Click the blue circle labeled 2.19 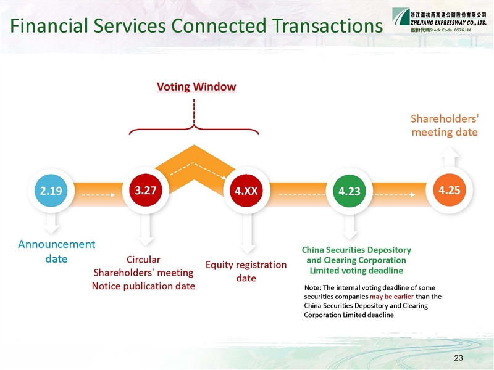[x=51, y=191]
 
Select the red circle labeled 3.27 [x=146, y=190]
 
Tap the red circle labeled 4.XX [x=246, y=191]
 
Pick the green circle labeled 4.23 [x=350, y=191]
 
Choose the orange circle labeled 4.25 [x=450, y=190]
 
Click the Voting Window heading [x=196, y=87]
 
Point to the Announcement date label [x=56, y=252]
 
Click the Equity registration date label [x=246, y=271]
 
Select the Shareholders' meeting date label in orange [x=445, y=125]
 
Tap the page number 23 [x=458, y=358]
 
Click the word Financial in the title [x=49, y=25]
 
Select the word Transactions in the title [x=328, y=25]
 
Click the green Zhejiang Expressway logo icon [x=401, y=17]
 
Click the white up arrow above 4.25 [x=450, y=157]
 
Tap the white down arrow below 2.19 [x=51, y=224]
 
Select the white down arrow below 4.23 [x=350, y=227]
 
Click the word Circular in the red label [x=143, y=260]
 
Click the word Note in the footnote [x=312, y=287]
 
